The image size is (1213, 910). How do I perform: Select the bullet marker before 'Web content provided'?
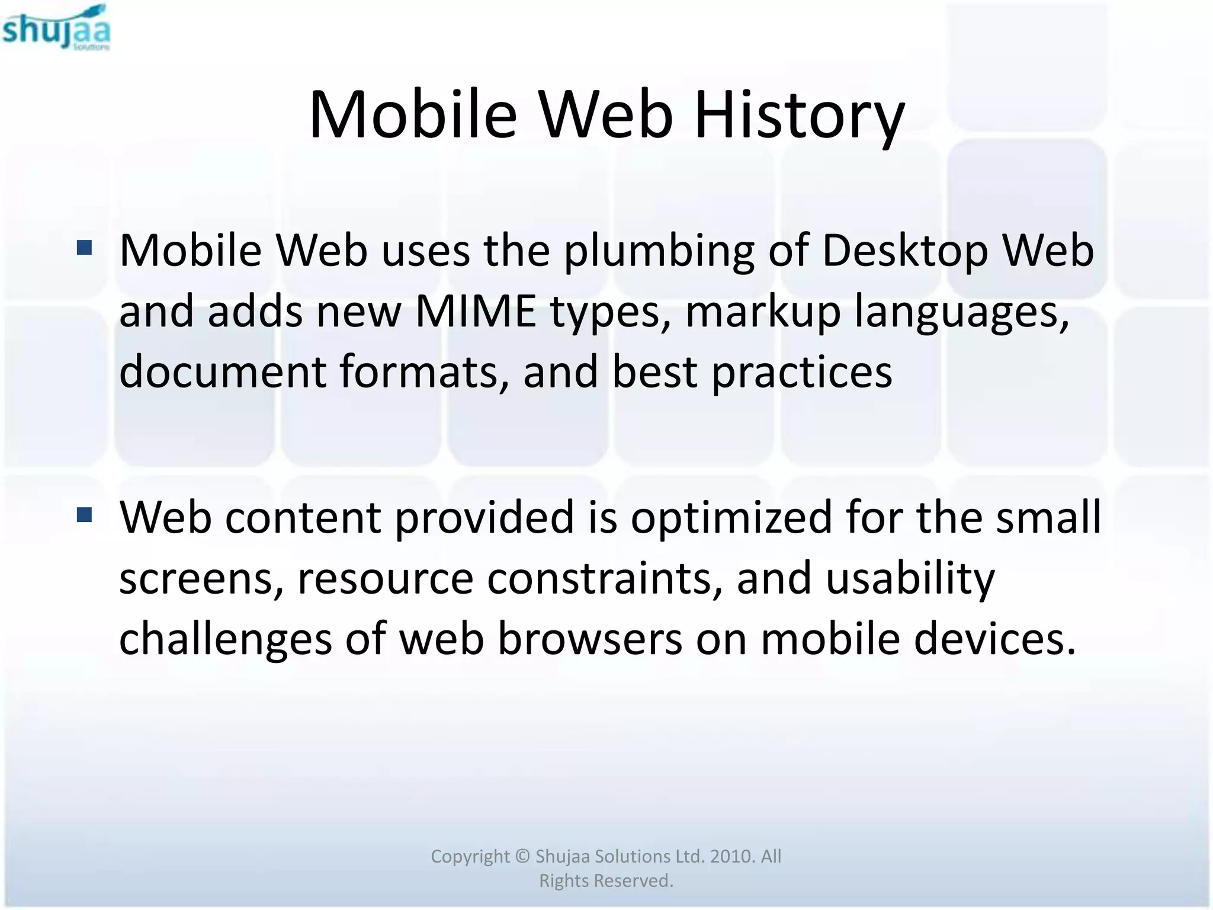point(85,515)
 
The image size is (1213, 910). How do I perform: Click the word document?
point(223,372)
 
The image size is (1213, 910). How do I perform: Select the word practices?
point(802,372)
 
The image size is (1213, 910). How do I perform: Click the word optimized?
point(731,518)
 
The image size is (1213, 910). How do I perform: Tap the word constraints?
point(605,578)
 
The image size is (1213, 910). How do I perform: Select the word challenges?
point(226,640)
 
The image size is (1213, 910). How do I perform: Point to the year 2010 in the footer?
point(732,856)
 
